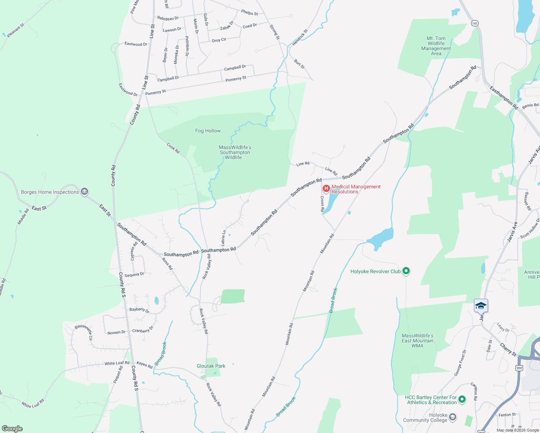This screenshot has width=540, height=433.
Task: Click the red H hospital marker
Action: (326, 188)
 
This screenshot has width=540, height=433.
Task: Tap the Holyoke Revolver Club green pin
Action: (406, 271)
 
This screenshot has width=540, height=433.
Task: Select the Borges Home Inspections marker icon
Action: (84, 192)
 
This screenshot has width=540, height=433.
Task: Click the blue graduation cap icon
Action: (481, 306)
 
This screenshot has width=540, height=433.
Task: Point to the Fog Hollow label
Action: (208, 131)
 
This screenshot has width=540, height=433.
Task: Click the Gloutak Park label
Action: (211, 366)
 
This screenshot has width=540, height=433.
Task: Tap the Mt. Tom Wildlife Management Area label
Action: (436, 46)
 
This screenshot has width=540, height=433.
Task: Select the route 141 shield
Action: (475, 23)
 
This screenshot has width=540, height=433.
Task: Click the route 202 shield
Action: (519, 368)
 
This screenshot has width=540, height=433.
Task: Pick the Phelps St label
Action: (249, 13)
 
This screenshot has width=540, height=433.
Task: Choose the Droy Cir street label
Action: (219, 40)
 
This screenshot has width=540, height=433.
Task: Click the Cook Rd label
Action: (173, 148)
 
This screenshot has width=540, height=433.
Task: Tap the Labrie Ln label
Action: (223, 238)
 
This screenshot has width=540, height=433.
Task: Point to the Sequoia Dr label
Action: (134, 275)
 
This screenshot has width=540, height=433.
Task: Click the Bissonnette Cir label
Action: (83, 332)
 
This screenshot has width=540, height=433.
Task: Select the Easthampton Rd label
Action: (504, 97)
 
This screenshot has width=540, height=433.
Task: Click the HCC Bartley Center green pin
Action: (462, 399)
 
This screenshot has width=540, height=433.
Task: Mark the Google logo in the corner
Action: (12, 429)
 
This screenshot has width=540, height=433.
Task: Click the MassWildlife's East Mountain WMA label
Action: (417, 341)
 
